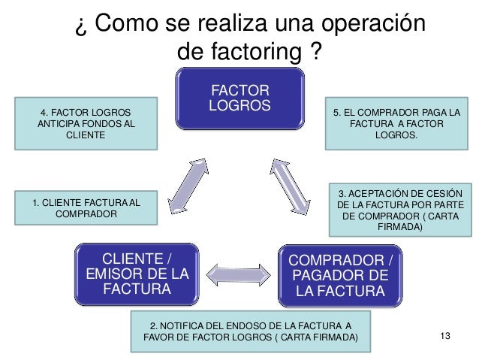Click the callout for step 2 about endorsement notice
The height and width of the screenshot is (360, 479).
[x=251, y=331]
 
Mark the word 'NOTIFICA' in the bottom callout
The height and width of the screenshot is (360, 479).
[x=186, y=325]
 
